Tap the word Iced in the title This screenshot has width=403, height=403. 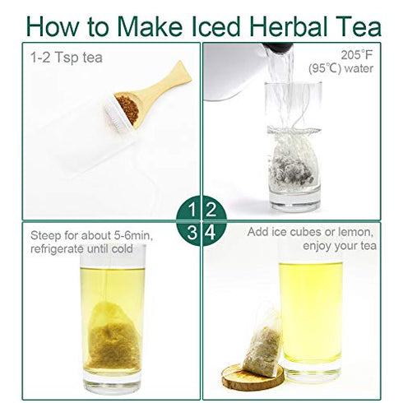tap(215, 26)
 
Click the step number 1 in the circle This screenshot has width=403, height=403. tap(192, 210)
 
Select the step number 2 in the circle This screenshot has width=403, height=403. tap(211, 210)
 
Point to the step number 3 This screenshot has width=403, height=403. tap(192, 233)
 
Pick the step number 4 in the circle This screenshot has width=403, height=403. tap(211, 233)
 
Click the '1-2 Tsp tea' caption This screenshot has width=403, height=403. tap(67, 58)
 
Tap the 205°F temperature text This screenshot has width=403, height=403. tap(357, 55)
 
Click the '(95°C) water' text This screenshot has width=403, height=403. tap(340, 68)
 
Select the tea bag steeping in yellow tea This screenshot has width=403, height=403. tap(113, 335)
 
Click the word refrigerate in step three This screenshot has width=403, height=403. tap(57, 249)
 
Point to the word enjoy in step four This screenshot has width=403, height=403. tap(317, 246)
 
